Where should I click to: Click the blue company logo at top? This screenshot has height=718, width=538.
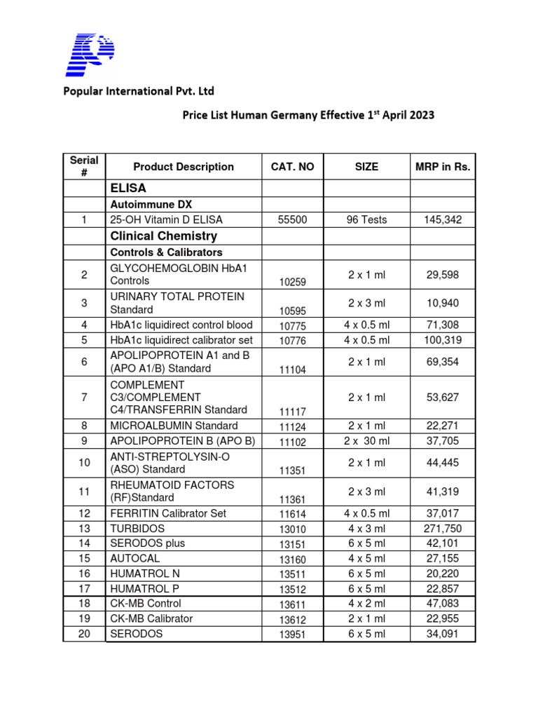[x=90, y=54]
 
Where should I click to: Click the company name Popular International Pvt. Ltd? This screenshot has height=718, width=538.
[x=139, y=91]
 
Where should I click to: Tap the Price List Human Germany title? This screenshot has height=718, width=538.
[x=308, y=115]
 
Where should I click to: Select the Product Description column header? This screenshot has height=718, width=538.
[x=184, y=167]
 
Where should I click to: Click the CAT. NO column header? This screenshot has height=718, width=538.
[x=293, y=167]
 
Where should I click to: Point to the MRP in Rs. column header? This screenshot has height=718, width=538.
[x=443, y=167]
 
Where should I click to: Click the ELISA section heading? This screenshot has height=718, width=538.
[x=128, y=188]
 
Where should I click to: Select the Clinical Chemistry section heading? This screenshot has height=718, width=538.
[x=164, y=236]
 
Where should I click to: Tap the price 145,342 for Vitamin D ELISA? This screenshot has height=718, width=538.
[x=443, y=220]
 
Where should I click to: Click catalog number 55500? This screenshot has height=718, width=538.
[x=293, y=220]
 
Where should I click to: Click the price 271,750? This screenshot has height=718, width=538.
[x=443, y=528]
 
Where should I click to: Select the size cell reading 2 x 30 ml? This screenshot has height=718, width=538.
[x=366, y=441]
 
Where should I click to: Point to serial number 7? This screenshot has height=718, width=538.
[x=84, y=398]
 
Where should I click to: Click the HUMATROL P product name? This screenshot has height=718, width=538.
[x=142, y=588]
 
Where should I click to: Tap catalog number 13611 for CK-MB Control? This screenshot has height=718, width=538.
[x=293, y=604]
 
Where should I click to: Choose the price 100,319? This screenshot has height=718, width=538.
[x=443, y=340]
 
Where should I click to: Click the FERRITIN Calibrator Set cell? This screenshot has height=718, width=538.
[x=168, y=513]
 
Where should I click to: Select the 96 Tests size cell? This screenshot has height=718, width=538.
[x=366, y=220]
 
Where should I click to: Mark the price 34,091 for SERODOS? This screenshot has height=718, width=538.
[x=443, y=634]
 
